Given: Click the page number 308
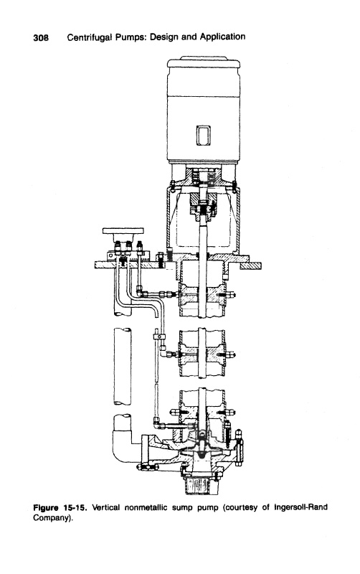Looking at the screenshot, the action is [x=41, y=38].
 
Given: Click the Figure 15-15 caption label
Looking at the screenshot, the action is [x=60, y=508].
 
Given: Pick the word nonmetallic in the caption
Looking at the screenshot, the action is [x=146, y=508].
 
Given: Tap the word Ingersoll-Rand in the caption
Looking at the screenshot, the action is [x=300, y=507].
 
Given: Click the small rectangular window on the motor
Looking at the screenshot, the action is [x=203, y=136].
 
